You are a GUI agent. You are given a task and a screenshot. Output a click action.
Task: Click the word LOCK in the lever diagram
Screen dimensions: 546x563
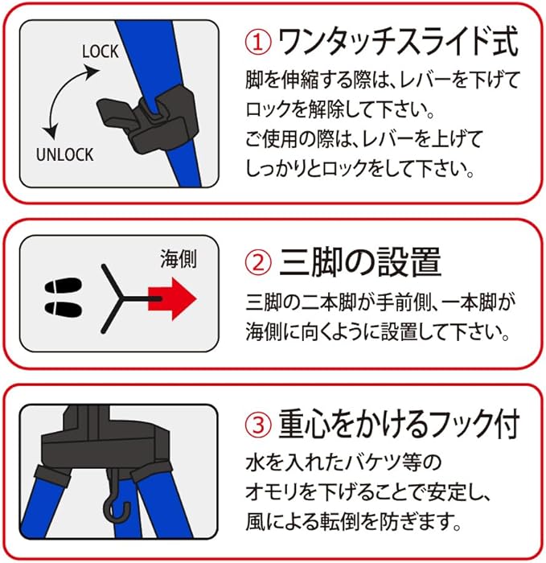(100, 51)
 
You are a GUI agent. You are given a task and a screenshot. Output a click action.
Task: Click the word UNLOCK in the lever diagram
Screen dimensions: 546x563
(65, 154)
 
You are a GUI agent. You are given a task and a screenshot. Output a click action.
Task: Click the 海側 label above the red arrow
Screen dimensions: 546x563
(177, 259)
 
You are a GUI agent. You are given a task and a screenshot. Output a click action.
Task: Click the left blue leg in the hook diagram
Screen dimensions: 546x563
(55, 507)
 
